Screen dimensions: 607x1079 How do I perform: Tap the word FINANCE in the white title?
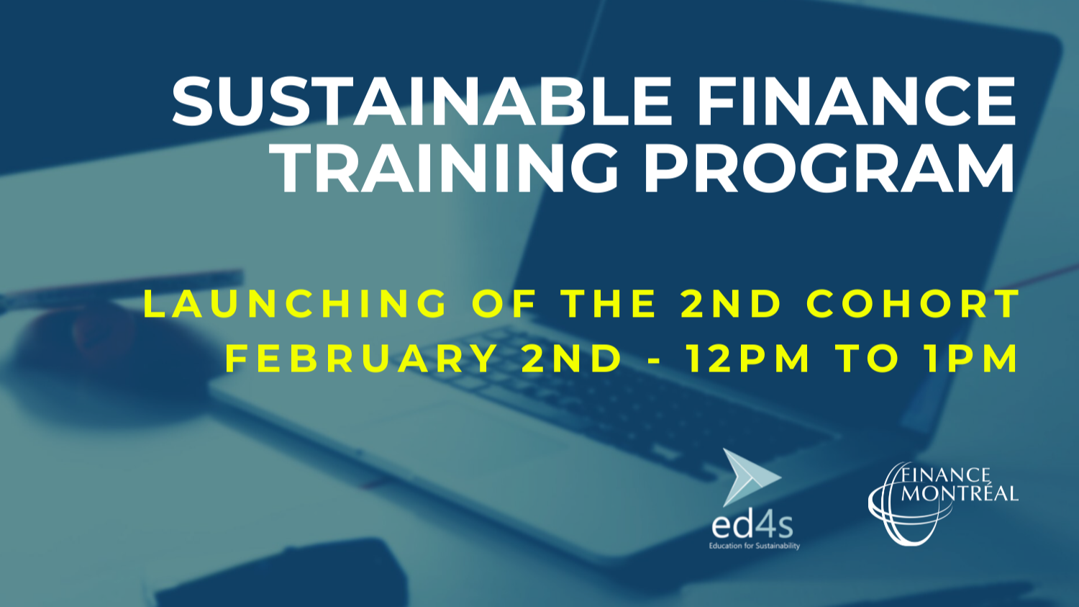pos(856,102)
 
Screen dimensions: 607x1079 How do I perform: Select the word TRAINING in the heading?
pos(448,169)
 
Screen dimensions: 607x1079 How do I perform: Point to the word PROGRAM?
pos(829,169)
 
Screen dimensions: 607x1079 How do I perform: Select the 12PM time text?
pos(748,359)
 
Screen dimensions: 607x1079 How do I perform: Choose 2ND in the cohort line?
pos(731,304)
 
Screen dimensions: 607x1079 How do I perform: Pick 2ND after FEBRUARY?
pos(571,359)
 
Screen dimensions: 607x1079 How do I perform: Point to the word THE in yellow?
pos(609,304)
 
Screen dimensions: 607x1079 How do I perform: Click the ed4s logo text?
pos(752,526)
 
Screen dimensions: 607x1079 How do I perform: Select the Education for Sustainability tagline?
pos(754,546)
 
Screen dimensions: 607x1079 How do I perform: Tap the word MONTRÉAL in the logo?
pos(960,494)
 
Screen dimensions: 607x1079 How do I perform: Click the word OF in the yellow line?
pos(504,304)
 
